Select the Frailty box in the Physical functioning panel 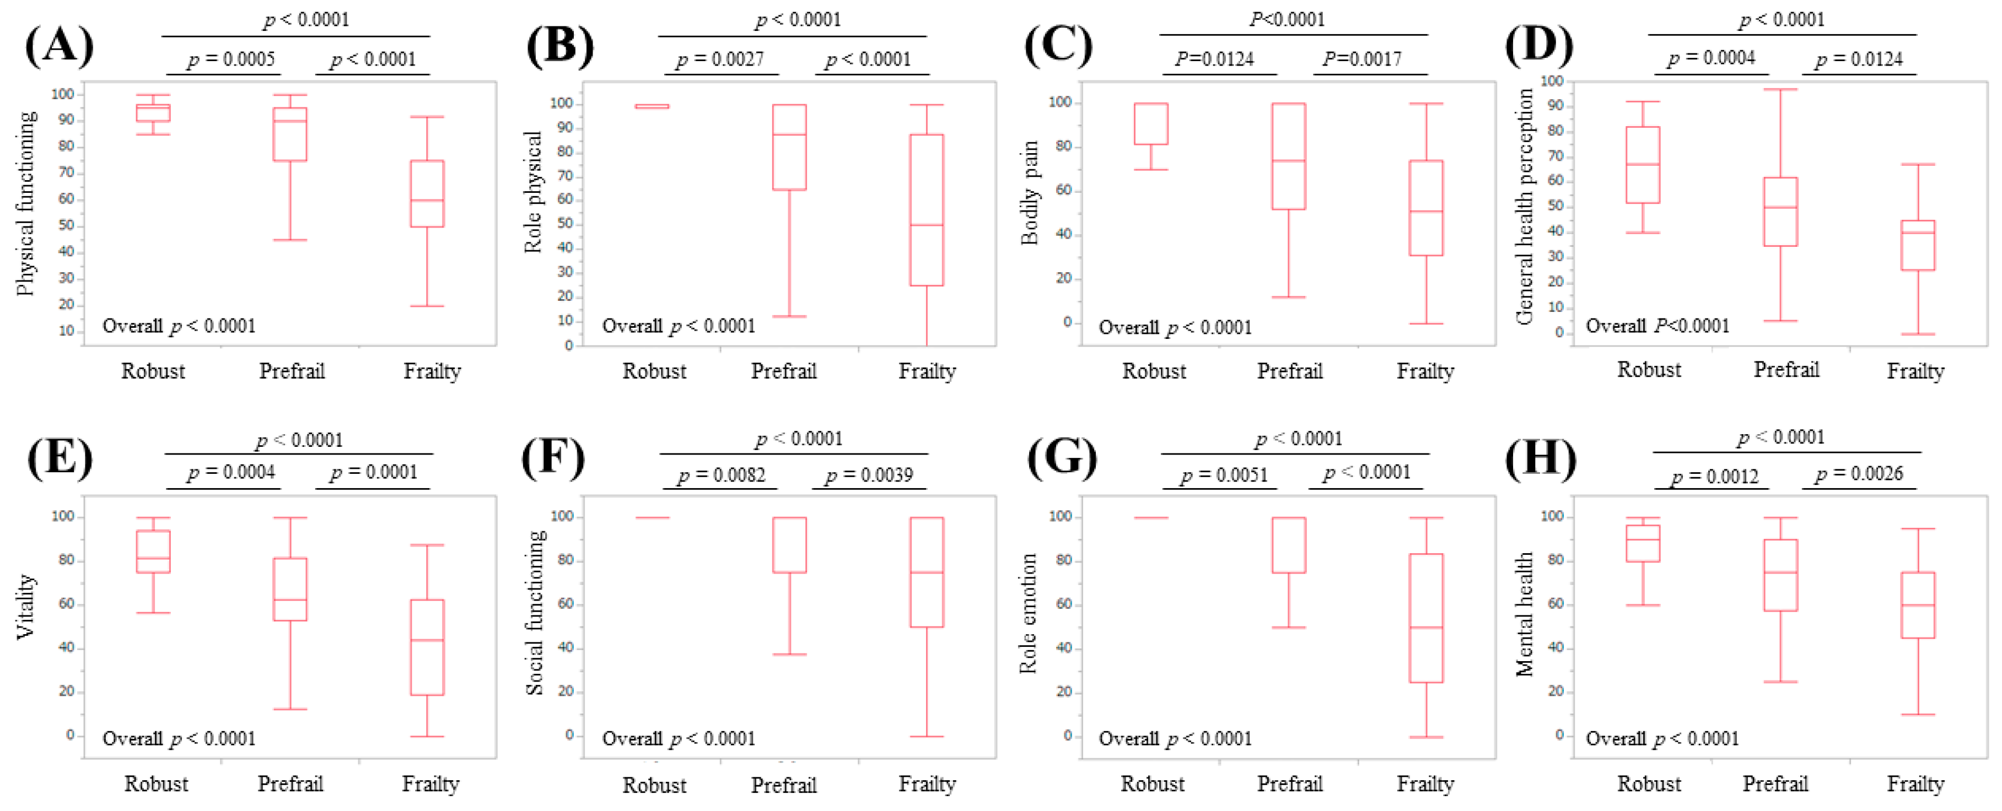click(x=427, y=193)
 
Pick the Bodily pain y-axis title click(x=1029, y=193)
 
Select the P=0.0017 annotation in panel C click(x=1363, y=59)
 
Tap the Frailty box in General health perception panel click(x=1917, y=245)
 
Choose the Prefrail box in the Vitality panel click(x=290, y=589)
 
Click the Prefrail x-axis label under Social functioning click(x=783, y=785)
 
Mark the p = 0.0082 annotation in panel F click(x=721, y=474)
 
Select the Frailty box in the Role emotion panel click(x=1425, y=618)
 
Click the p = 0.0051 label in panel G click(x=1224, y=474)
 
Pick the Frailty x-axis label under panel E click(x=430, y=784)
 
